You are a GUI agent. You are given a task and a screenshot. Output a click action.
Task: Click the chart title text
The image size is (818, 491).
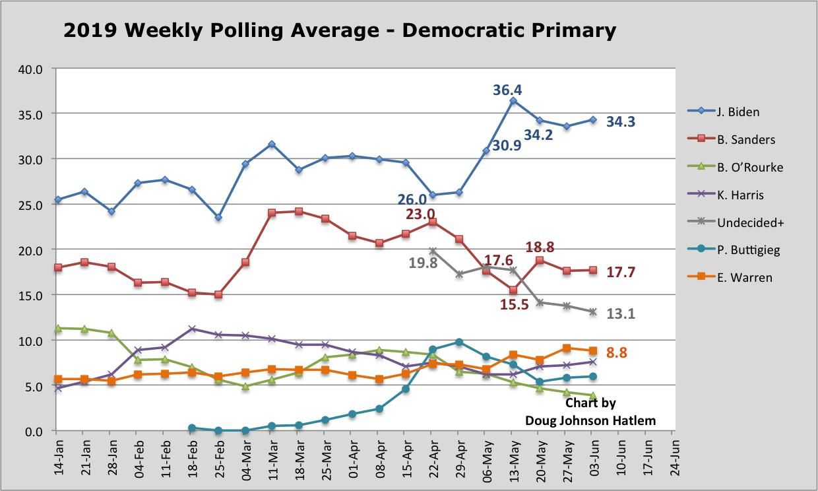[340, 30]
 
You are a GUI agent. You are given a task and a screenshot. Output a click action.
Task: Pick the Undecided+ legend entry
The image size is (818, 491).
[750, 222]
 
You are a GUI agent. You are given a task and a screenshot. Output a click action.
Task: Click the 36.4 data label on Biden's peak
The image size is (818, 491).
[507, 90]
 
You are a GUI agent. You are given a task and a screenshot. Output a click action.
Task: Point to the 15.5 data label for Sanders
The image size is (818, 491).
[515, 305]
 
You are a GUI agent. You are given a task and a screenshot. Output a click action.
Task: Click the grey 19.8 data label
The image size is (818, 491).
[423, 263]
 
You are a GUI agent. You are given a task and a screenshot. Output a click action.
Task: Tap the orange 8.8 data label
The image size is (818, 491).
[616, 353]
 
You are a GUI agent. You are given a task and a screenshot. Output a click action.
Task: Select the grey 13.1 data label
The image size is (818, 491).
[620, 314]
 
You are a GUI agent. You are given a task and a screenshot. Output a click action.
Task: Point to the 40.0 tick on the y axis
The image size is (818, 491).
[30, 69]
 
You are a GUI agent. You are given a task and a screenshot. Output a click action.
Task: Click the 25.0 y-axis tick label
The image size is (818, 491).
[30, 205]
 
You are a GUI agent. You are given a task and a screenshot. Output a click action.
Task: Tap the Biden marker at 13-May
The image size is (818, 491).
[513, 101]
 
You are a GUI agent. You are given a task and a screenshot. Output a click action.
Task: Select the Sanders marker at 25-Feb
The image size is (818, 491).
[218, 294]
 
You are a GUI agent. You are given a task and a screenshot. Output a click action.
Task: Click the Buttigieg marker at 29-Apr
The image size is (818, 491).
[459, 342]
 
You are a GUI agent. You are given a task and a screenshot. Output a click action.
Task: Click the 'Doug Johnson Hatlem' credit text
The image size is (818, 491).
[590, 420]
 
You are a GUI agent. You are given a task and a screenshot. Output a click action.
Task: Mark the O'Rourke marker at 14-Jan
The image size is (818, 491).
[58, 328]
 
